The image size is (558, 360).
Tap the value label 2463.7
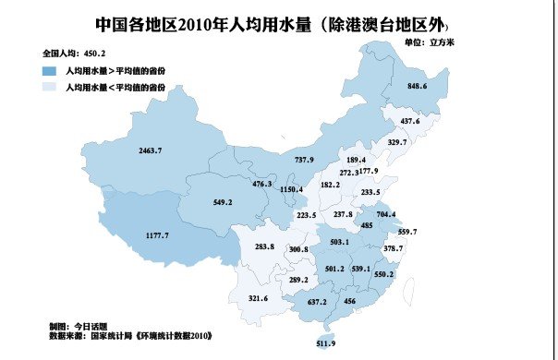click(150, 150)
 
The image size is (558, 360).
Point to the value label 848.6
click(417, 86)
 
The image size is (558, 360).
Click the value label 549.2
click(222, 201)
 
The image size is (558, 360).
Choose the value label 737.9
click(304, 160)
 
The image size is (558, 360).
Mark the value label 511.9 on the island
click(326, 343)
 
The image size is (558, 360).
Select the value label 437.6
click(409, 122)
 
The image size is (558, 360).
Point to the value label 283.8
click(264, 246)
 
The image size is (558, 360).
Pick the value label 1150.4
click(291, 189)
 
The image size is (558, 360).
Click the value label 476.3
click(262, 184)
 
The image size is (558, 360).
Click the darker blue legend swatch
click(49, 69)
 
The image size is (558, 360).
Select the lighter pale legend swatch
click(49, 86)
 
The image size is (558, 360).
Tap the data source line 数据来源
click(137, 337)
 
